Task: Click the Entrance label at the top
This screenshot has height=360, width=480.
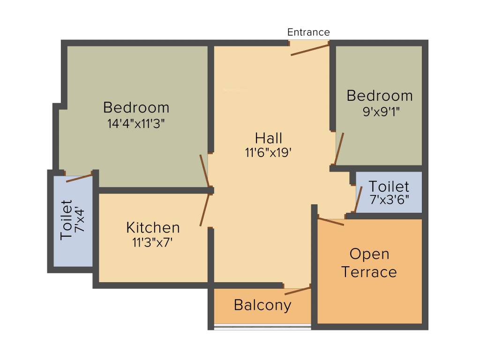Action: tap(308, 32)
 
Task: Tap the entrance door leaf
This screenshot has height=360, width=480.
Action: tap(309, 49)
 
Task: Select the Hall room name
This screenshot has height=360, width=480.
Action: tap(269, 138)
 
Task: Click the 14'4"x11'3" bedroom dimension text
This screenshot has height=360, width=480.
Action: tap(136, 124)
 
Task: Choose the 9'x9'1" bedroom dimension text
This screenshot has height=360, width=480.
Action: tap(380, 112)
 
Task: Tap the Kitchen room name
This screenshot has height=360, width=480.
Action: tap(153, 228)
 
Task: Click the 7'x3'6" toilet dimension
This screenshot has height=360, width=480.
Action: tap(389, 199)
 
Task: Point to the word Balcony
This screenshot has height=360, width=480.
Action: tap(262, 305)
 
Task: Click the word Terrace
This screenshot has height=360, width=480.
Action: tap(369, 272)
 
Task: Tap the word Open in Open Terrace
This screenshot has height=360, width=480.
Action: tap(369, 255)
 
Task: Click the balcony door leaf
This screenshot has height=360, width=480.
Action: tap(298, 290)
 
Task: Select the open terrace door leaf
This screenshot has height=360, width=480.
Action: tap(331, 221)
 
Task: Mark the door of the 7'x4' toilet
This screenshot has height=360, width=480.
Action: tap(79, 178)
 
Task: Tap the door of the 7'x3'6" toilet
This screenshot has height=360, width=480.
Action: tap(358, 200)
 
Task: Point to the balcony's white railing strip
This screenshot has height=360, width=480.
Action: tap(262, 327)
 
